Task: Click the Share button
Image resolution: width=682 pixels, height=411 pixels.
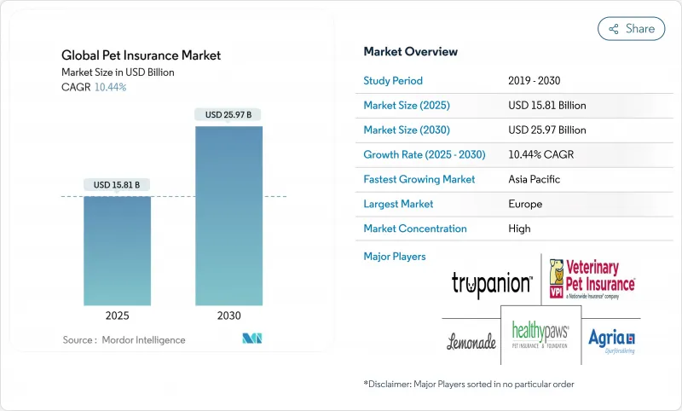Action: click(x=632, y=29)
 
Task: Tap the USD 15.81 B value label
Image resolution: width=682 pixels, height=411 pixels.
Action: click(x=117, y=185)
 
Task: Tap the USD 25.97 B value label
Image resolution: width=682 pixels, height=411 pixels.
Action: click(x=228, y=114)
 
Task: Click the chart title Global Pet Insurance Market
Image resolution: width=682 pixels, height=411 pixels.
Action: click(x=142, y=55)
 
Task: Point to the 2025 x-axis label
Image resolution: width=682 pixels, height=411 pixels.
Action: click(x=117, y=315)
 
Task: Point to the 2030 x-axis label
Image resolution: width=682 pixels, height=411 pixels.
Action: click(x=228, y=315)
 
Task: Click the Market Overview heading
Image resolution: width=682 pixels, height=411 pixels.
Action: click(x=410, y=52)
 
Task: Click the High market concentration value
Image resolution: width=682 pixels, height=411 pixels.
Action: click(x=519, y=229)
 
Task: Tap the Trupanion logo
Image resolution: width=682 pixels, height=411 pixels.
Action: click(x=492, y=284)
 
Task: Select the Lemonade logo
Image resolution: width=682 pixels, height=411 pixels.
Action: click(x=471, y=342)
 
